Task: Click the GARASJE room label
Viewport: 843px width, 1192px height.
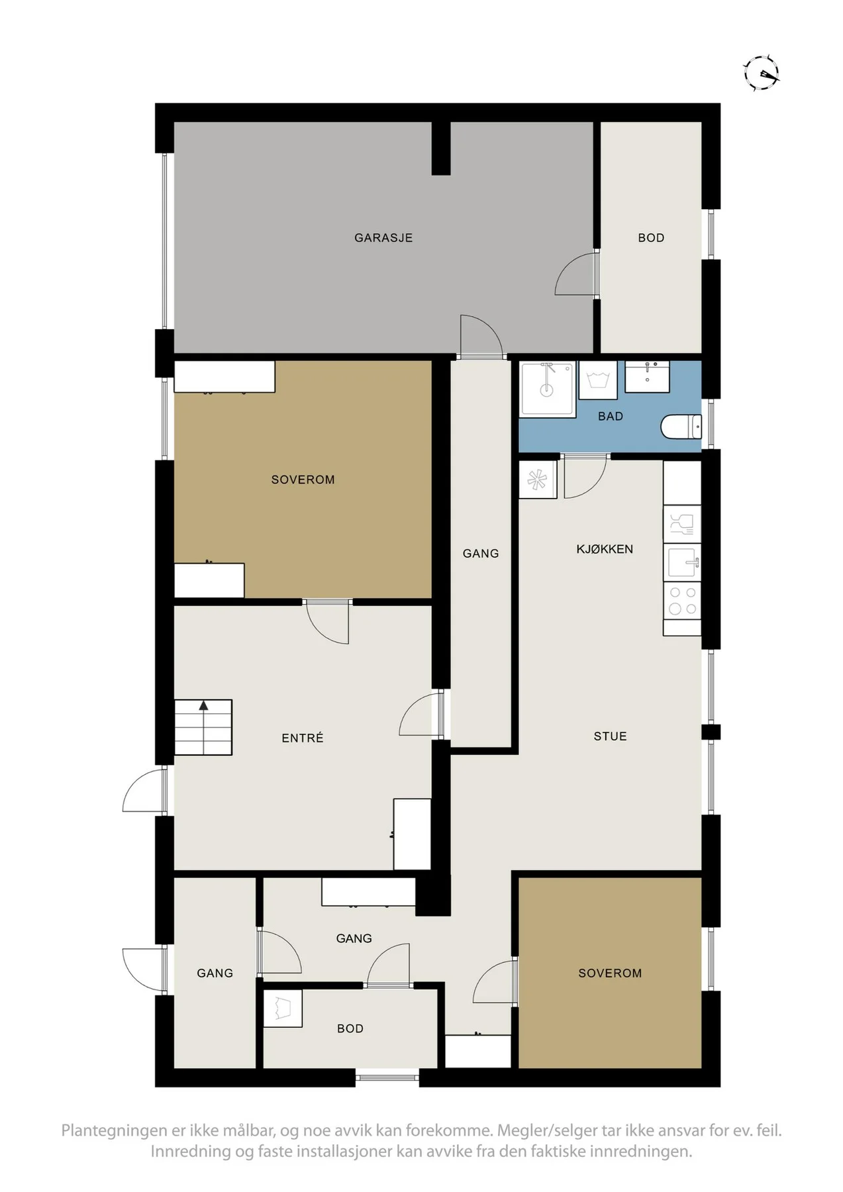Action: (x=383, y=238)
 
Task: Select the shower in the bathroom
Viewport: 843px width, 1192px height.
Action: (x=548, y=389)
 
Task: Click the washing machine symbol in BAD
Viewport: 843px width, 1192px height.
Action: (x=598, y=380)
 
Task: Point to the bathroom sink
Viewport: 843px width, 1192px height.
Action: (x=647, y=377)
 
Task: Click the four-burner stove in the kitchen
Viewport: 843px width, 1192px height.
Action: (x=682, y=601)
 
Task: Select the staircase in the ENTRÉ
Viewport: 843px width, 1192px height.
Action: (x=203, y=727)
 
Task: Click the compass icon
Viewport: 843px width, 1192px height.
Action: (x=762, y=72)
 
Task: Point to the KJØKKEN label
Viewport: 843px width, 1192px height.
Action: (x=605, y=549)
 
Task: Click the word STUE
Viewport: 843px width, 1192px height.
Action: (x=610, y=736)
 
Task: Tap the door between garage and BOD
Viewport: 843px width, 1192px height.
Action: (x=577, y=273)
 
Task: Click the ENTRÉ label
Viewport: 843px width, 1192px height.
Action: (x=303, y=738)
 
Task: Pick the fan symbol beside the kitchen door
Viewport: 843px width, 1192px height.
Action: (x=537, y=479)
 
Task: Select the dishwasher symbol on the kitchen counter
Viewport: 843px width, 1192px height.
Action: (x=682, y=524)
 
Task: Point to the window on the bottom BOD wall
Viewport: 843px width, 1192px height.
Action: (x=387, y=1077)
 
